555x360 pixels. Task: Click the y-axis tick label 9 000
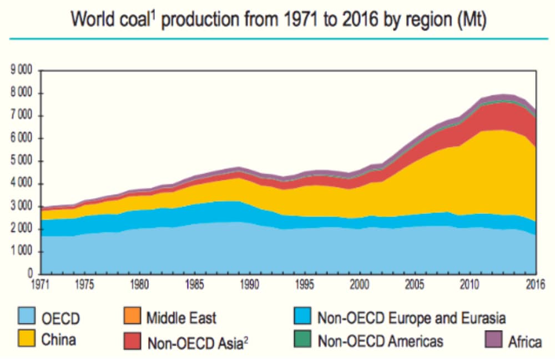coord(21,70)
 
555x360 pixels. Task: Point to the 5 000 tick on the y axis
coord(21,161)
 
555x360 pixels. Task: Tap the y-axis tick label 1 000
coord(21,252)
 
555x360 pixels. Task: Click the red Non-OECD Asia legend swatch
coord(132,339)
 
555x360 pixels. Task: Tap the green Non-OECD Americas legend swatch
coord(303,339)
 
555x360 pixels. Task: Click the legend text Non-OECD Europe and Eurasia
coord(411,318)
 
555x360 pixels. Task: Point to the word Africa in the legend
coord(524,341)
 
